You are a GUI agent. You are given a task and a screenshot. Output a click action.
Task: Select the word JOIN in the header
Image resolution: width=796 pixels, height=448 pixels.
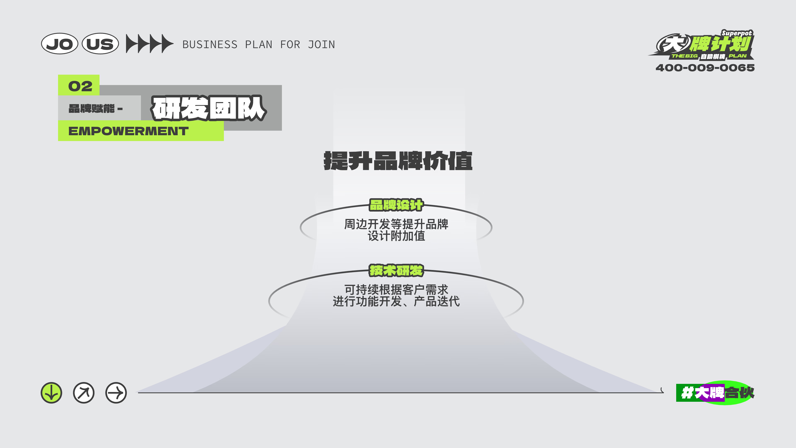tap(321, 45)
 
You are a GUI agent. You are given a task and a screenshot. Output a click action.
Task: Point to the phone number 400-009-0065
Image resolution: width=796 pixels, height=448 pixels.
tap(705, 68)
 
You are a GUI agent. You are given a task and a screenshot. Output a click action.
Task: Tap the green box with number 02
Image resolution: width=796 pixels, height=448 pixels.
tap(79, 85)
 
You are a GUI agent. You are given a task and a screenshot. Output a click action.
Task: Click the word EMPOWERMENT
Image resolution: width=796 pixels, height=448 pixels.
tap(128, 131)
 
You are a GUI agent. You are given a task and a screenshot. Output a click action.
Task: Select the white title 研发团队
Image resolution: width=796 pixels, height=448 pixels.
tap(209, 108)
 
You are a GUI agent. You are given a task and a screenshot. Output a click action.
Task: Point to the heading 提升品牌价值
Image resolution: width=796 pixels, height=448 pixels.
tap(398, 161)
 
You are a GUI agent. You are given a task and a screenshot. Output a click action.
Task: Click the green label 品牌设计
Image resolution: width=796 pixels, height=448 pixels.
tap(396, 205)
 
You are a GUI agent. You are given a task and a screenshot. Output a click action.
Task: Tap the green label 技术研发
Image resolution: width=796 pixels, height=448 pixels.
tap(396, 270)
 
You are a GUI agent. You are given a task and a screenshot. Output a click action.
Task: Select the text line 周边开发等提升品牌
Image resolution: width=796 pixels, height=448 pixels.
tap(396, 224)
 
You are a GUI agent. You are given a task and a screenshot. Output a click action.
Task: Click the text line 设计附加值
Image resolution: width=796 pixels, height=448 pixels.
tap(396, 236)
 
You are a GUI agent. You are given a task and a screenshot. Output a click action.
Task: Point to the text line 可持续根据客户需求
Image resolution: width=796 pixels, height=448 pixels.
tap(396, 290)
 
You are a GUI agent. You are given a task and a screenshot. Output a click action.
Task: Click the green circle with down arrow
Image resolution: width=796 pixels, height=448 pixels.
tap(51, 393)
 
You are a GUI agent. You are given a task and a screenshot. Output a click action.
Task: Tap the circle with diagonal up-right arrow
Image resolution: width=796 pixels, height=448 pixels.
tap(84, 393)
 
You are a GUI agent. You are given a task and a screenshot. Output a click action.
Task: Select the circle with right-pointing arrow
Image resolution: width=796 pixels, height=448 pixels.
tap(116, 393)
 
